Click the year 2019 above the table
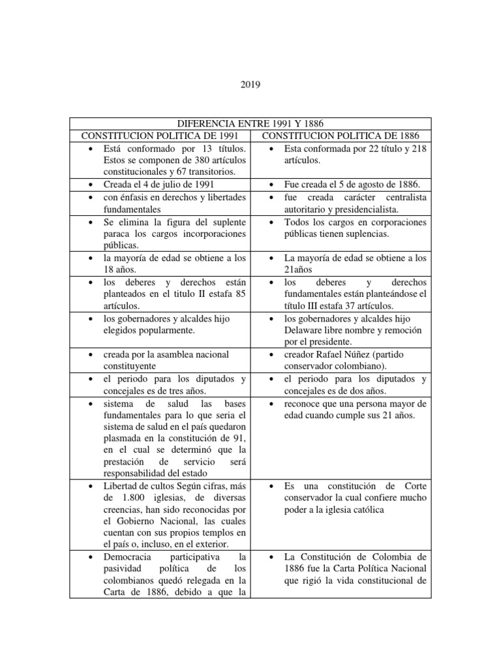pyautogui.click(x=250, y=84)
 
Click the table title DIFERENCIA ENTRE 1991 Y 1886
pyautogui.click(x=250, y=123)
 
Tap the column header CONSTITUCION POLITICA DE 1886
pyautogui.click(x=341, y=136)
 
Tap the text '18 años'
pyautogui.click(x=119, y=270)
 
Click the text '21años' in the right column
pyautogui.click(x=299, y=270)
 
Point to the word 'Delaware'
pyautogui.click(x=307, y=330)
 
